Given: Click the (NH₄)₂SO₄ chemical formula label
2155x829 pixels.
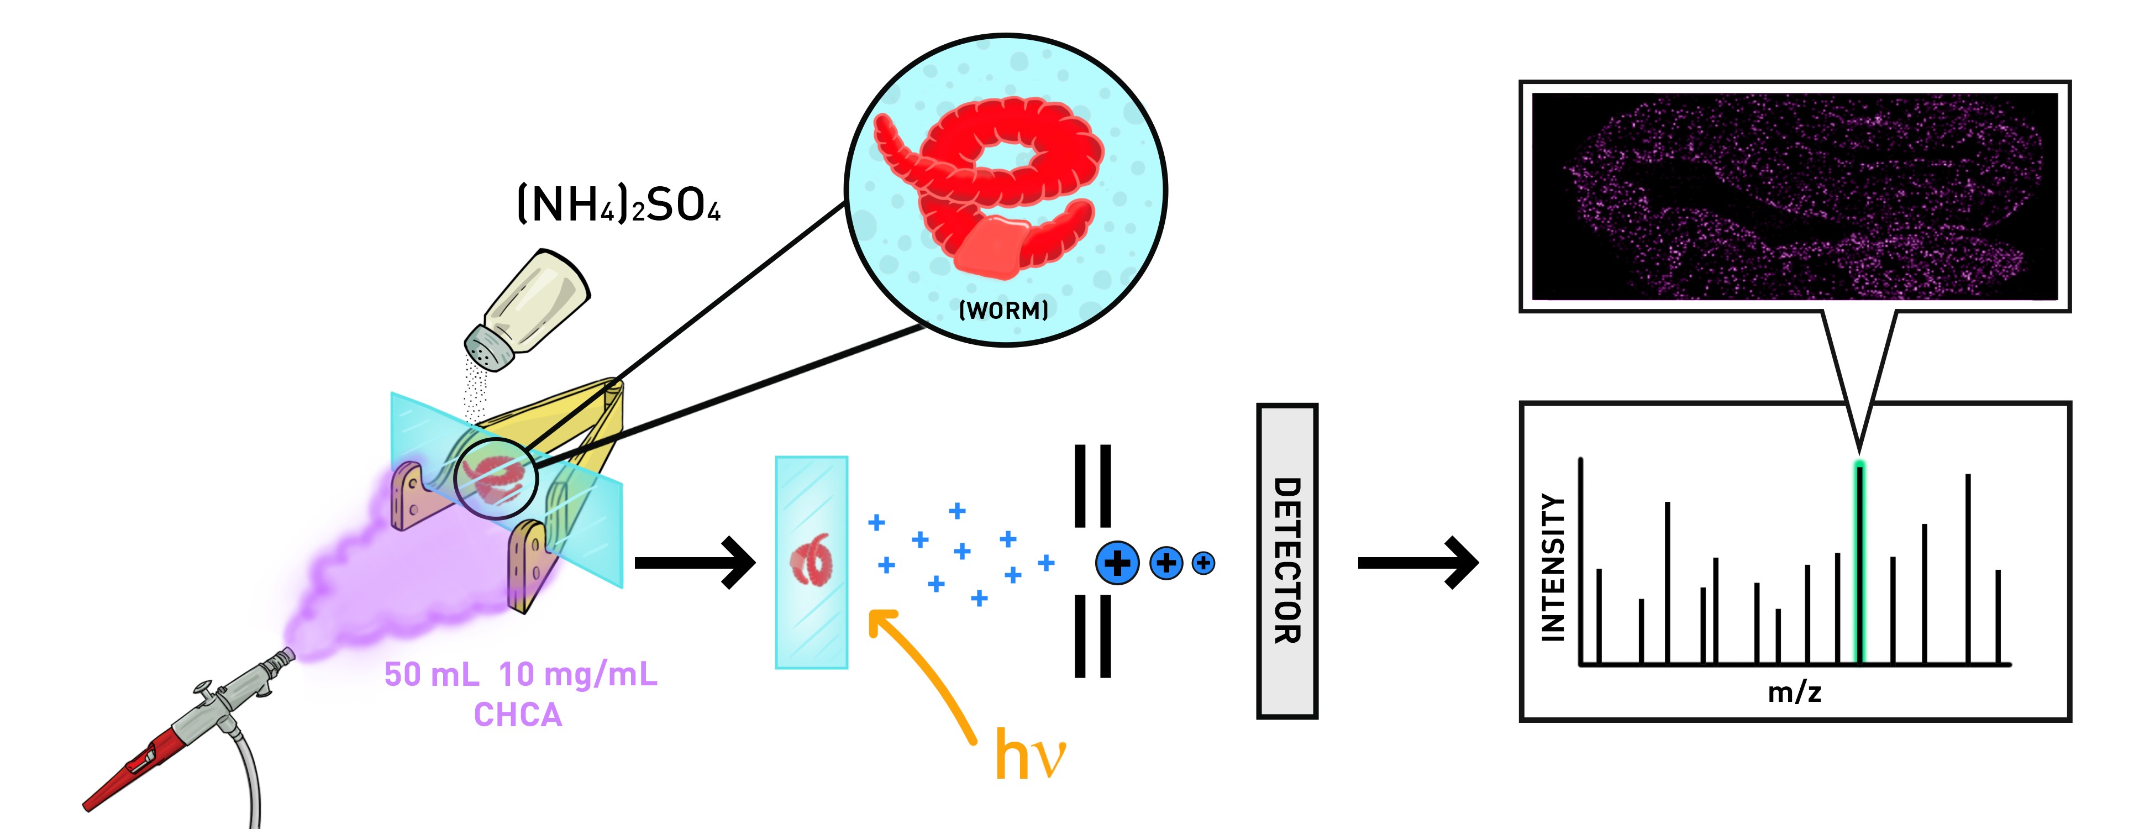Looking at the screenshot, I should click(618, 205).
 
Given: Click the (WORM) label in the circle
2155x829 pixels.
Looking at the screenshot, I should click(1003, 311).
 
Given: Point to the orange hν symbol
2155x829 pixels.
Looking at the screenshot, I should click(1029, 753).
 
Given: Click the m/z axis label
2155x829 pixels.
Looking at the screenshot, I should click(1794, 692).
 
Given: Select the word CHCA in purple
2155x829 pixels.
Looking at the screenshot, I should click(518, 715).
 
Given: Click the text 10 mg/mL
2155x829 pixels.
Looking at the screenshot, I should click(578, 674).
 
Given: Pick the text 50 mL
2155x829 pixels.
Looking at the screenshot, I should click(432, 674).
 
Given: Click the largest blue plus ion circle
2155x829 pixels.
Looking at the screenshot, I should click(1117, 563).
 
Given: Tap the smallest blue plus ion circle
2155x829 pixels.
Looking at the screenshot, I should click(1203, 563).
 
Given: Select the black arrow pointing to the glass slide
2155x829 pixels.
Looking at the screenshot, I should click(695, 563).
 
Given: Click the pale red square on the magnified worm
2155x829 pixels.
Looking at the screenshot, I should click(991, 247).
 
